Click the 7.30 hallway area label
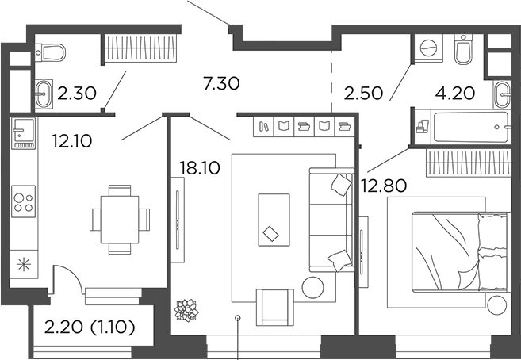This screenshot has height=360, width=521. (221, 82)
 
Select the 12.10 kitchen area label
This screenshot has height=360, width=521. (72, 141)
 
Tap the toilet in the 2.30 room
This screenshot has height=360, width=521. (52, 53)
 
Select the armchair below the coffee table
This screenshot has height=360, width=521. (274, 305)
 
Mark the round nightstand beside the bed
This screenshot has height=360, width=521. (498, 304)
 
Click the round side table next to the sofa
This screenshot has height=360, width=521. (313, 286)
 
